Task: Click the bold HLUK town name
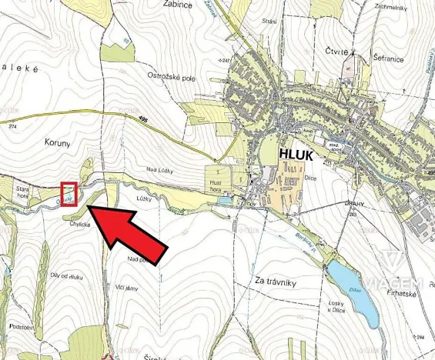(x=296, y=154)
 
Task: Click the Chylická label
(x=81, y=225)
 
